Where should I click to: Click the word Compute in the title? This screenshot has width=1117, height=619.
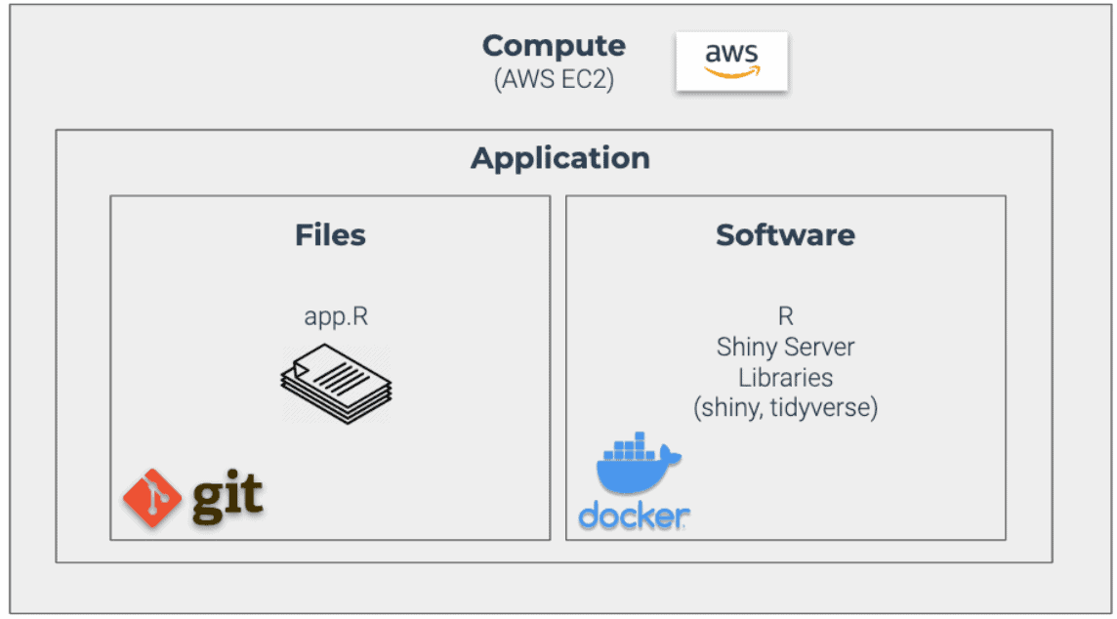(554, 46)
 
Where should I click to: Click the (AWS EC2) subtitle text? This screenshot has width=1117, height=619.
(554, 79)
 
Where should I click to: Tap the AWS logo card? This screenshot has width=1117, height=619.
(731, 62)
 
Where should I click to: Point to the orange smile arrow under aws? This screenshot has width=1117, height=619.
(733, 71)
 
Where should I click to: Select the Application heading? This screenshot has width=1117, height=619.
(559, 158)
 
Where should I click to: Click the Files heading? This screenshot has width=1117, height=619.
(330, 235)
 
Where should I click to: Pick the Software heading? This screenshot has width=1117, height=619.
(785, 235)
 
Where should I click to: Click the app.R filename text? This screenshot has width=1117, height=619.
(335, 318)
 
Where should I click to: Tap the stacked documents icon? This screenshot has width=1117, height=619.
(336, 384)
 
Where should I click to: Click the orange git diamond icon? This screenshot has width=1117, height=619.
(153, 498)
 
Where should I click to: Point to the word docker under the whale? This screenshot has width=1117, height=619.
(635, 516)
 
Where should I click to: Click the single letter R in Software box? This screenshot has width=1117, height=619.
(785, 316)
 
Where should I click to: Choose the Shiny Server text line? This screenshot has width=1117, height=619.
(785, 347)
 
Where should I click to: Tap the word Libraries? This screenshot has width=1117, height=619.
(785, 377)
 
